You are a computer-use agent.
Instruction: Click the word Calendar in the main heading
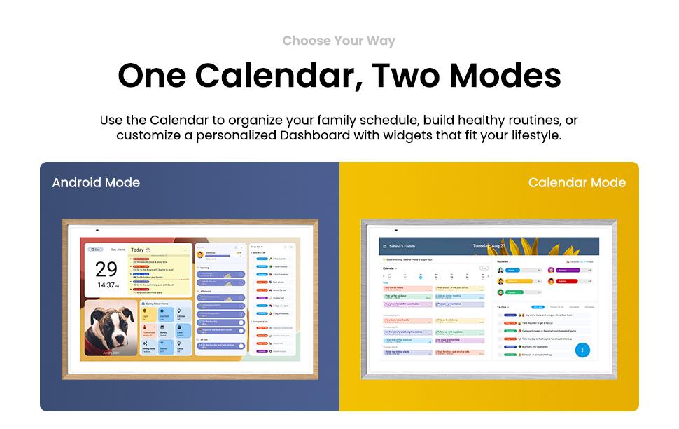(276, 76)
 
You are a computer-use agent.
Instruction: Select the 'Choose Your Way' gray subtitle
(339, 41)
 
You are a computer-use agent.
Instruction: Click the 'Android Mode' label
(96, 183)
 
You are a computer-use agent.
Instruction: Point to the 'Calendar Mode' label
(577, 183)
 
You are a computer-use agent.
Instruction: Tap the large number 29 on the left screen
(106, 269)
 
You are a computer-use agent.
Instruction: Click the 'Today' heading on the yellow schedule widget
(137, 250)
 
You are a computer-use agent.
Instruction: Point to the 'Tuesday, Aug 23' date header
(489, 246)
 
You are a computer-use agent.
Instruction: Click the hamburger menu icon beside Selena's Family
(384, 247)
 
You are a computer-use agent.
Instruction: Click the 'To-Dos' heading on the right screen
(502, 307)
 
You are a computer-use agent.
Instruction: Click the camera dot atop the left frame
(97, 230)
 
